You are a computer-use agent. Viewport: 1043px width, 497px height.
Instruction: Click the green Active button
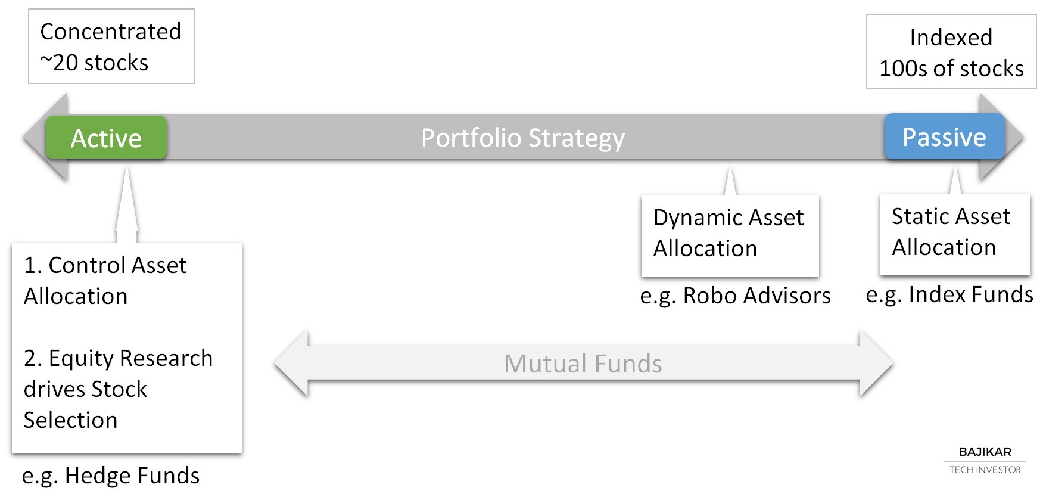106,138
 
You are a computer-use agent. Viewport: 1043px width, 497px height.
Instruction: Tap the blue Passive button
945,137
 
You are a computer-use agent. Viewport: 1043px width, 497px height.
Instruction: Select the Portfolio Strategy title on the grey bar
523,138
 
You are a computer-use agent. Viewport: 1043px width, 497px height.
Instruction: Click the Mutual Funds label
583,364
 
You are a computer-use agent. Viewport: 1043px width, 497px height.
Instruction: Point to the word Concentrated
111,32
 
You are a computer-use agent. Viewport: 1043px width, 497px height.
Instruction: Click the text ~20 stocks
94,63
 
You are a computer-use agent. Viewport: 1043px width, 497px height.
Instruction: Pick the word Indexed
951,38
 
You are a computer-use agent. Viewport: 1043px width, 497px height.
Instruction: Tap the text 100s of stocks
951,69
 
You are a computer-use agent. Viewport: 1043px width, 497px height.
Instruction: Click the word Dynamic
694,218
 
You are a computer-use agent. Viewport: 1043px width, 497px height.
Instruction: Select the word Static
921,216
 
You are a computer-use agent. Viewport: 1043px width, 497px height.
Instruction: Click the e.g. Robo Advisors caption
736,296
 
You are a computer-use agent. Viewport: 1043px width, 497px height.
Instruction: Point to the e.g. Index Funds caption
949,295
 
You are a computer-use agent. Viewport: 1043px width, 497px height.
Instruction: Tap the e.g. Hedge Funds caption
111,476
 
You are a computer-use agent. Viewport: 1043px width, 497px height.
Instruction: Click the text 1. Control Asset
105,265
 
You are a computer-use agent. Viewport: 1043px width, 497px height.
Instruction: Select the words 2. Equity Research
119,359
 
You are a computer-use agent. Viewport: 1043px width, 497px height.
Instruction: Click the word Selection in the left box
71,420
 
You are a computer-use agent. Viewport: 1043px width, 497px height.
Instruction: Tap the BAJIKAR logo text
985,452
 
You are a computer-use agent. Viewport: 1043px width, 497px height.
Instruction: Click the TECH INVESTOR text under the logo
985,470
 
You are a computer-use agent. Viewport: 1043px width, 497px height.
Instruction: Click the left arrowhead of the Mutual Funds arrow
291,363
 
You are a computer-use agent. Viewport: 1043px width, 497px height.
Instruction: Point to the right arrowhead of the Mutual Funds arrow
876,363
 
